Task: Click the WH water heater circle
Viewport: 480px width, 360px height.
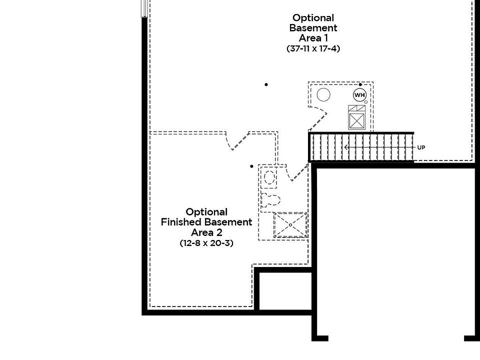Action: (x=359, y=95)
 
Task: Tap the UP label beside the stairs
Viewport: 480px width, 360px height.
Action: (x=421, y=147)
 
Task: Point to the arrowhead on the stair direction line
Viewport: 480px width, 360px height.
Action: (x=345, y=147)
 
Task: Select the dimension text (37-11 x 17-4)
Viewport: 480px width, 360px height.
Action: (x=313, y=49)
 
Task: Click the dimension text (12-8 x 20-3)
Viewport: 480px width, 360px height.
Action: (x=206, y=243)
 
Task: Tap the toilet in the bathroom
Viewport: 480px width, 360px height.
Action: (x=270, y=199)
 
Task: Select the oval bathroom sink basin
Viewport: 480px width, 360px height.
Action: (x=269, y=177)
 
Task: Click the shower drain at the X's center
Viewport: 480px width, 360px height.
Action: (x=290, y=225)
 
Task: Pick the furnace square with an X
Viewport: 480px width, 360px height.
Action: (x=357, y=120)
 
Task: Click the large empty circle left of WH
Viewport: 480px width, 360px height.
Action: (x=323, y=94)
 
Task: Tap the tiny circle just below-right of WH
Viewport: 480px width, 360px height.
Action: (x=366, y=102)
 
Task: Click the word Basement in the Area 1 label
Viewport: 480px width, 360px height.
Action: (x=313, y=28)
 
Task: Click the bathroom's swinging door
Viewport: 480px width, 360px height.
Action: (x=299, y=172)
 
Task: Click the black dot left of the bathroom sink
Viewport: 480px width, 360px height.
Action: (x=252, y=166)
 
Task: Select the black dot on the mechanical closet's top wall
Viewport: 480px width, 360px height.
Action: (x=360, y=84)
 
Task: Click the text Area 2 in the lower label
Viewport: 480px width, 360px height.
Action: (x=206, y=232)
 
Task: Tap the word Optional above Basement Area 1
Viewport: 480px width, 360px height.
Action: (x=313, y=18)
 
